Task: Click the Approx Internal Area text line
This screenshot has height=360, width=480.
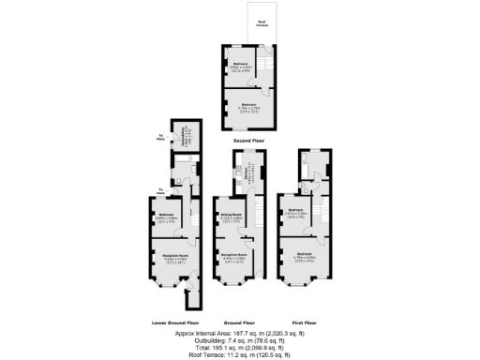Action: [x=240, y=333]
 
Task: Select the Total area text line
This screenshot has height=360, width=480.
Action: [x=240, y=346]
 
